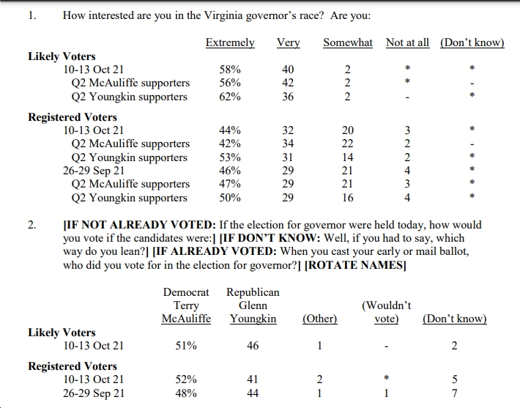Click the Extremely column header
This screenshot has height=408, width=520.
[x=230, y=42]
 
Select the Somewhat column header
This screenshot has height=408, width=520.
[x=348, y=42]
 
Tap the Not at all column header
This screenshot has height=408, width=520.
[x=407, y=42]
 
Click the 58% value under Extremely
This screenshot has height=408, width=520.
[x=230, y=70]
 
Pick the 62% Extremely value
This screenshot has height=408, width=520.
[x=230, y=97]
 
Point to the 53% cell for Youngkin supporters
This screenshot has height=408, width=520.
[x=230, y=157]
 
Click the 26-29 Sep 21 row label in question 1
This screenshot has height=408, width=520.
[x=94, y=171]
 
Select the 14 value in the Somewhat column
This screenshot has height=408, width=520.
[x=348, y=157]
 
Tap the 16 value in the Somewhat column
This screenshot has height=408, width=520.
[x=348, y=198]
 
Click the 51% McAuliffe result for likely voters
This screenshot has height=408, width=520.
[x=186, y=346]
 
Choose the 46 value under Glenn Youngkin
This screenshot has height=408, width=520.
[x=253, y=346]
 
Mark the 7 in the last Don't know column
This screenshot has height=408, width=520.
[x=454, y=393]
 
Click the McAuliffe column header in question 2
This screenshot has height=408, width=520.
[x=186, y=319]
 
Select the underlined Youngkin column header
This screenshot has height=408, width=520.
[x=253, y=319]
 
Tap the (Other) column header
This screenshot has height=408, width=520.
[x=320, y=319]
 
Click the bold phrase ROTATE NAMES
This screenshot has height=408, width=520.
[x=355, y=265]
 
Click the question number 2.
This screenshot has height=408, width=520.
[x=31, y=225]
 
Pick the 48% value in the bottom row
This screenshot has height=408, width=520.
[x=186, y=393]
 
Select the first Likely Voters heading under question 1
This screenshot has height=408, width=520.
[x=62, y=56]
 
